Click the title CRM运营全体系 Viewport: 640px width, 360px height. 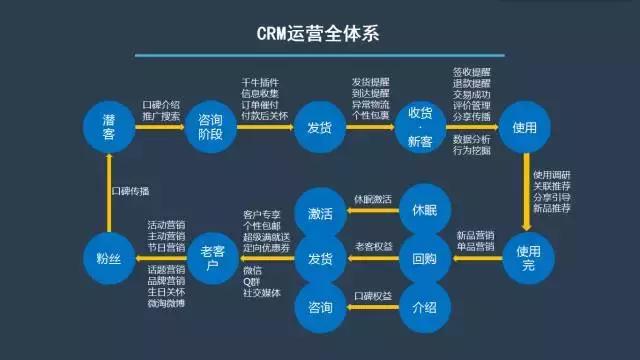(x=321, y=39)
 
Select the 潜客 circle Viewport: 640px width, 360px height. (x=109, y=127)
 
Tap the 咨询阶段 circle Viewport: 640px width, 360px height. (x=213, y=127)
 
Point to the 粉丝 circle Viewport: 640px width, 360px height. (x=109, y=257)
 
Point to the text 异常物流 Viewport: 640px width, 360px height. (x=369, y=104)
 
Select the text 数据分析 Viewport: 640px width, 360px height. (x=472, y=138)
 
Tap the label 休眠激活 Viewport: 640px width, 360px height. (x=372, y=199)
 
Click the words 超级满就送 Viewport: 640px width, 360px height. (x=264, y=237)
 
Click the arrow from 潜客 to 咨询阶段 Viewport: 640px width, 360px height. (x=160, y=127)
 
